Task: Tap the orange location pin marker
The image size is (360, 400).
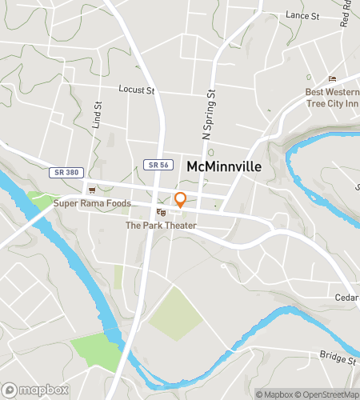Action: [x=181, y=200]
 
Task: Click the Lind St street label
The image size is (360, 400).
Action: [x=98, y=115]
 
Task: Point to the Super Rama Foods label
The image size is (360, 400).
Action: [x=91, y=203]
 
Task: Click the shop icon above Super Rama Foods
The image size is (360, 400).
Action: [x=91, y=190]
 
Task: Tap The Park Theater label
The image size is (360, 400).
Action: [x=161, y=226]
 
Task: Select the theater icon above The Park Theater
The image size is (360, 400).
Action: [x=161, y=212]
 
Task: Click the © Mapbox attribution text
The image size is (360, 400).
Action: [x=274, y=394]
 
